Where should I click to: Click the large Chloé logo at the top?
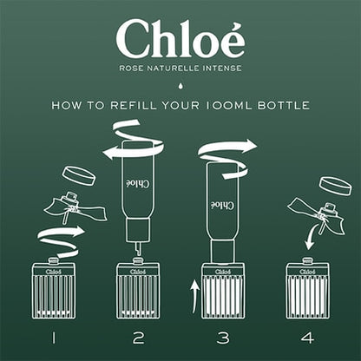pos(180,39)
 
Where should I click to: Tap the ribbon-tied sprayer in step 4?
pos(315,213)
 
